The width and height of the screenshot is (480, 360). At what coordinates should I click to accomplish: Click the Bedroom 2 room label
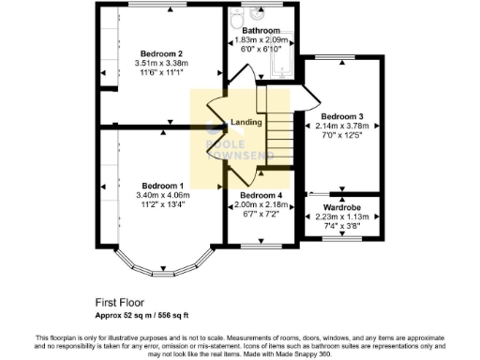pos(161,53)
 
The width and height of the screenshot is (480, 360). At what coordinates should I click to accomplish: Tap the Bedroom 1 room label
pos(161,186)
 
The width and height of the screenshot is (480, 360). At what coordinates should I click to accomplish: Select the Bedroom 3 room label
pos(340,116)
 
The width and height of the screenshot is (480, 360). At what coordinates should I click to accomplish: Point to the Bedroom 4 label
pos(259,195)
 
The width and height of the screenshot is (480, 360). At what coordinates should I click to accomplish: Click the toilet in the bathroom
pos(259,15)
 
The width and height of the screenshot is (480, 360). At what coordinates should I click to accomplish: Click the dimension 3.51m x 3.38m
pos(161,64)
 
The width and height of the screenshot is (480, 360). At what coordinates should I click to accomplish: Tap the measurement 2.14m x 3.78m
pos(340,127)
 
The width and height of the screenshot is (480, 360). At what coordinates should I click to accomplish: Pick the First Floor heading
pos(119,302)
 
